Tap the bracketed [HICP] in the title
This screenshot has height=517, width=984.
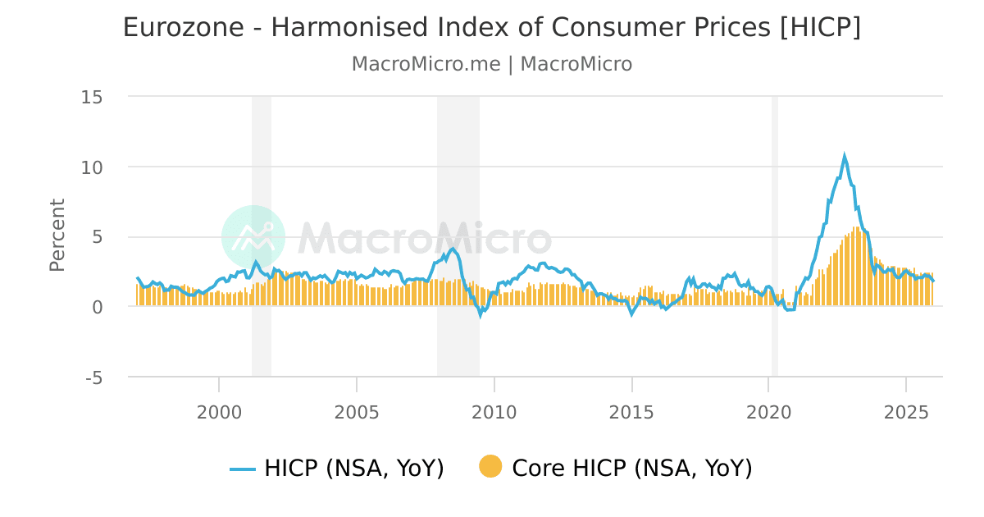pyautogui.click(x=820, y=28)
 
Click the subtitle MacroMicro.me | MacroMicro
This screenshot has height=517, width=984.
pyautogui.click(x=492, y=64)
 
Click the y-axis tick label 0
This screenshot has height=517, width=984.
pyautogui.click(x=97, y=307)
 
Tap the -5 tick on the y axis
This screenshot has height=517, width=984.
pyautogui.click(x=93, y=377)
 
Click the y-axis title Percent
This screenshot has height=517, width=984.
pyautogui.click(x=57, y=235)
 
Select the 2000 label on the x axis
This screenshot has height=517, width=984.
pyautogui.click(x=219, y=412)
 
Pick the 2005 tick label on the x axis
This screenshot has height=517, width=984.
pyautogui.click(x=357, y=412)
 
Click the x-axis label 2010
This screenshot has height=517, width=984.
pyautogui.click(x=494, y=412)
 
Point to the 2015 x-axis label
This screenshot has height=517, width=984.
pyautogui.click(x=631, y=412)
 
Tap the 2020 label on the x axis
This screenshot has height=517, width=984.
pyautogui.click(x=768, y=412)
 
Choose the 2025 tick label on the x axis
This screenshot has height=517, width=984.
pyautogui.click(x=906, y=412)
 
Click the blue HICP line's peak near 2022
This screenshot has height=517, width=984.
pyautogui.click(x=845, y=156)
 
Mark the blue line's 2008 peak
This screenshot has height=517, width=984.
pyautogui.click(x=453, y=249)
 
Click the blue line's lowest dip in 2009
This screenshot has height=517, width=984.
pyautogui.click(x=481, y=314)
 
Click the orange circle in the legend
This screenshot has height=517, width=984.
pyautogui.click(x=490, y=467)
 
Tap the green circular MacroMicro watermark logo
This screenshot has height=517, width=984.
pyautogui.click(x=253, y=237)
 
